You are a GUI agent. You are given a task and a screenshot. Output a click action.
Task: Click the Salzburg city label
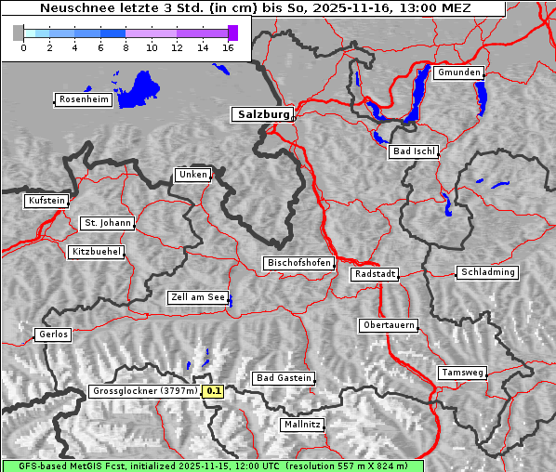pos(262,114)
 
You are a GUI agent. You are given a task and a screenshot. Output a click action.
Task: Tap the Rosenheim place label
pos(83,99)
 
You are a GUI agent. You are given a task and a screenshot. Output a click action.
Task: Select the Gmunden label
pos(458,72)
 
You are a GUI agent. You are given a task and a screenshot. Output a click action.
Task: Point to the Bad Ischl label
pos(413,151)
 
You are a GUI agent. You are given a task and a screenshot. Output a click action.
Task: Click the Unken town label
pos(192,175)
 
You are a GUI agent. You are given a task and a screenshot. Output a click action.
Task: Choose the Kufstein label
pos(46,201)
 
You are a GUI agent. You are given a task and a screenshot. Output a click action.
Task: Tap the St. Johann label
pos(107,223)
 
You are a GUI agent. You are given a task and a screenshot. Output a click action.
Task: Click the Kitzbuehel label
pos(96,252)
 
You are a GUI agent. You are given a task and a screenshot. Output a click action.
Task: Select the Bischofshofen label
pos(298,264)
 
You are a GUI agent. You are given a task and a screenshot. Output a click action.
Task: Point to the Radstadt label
pos(375,274)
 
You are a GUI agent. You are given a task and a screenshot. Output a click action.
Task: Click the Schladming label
pos(486,272)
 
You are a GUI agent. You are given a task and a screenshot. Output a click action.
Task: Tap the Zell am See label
pos(198,297)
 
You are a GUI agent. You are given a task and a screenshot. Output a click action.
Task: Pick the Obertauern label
pos(388,325)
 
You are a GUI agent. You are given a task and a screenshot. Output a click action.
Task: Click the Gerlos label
pos(52,334)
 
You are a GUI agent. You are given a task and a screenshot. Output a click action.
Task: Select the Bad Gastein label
pos(284,378)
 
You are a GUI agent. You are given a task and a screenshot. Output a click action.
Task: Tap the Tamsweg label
pos(462,373)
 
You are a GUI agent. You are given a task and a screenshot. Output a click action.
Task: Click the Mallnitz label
pos(302,425)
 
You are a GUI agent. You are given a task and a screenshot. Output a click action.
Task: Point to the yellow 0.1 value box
pos(214,391)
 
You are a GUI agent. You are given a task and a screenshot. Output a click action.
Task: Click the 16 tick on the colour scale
pos(229,47)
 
